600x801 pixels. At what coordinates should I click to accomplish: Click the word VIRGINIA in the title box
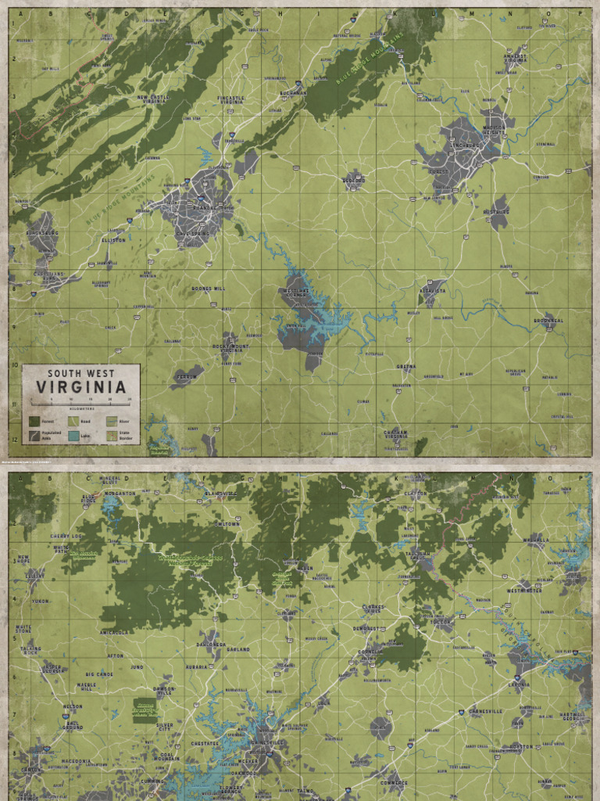[x=80, y=387]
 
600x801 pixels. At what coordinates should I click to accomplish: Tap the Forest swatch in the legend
[x=34, y=421]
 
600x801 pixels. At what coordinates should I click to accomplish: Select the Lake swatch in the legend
[x=73, y=435]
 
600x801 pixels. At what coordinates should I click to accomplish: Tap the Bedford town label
[x=354, y=179]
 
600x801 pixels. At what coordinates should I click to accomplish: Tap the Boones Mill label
[x=208, y=289]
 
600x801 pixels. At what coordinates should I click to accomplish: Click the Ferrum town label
[x=186, y=377]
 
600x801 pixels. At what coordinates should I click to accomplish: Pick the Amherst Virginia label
[x=515, y=58]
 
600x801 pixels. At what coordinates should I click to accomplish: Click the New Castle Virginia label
[x=152, y=99]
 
